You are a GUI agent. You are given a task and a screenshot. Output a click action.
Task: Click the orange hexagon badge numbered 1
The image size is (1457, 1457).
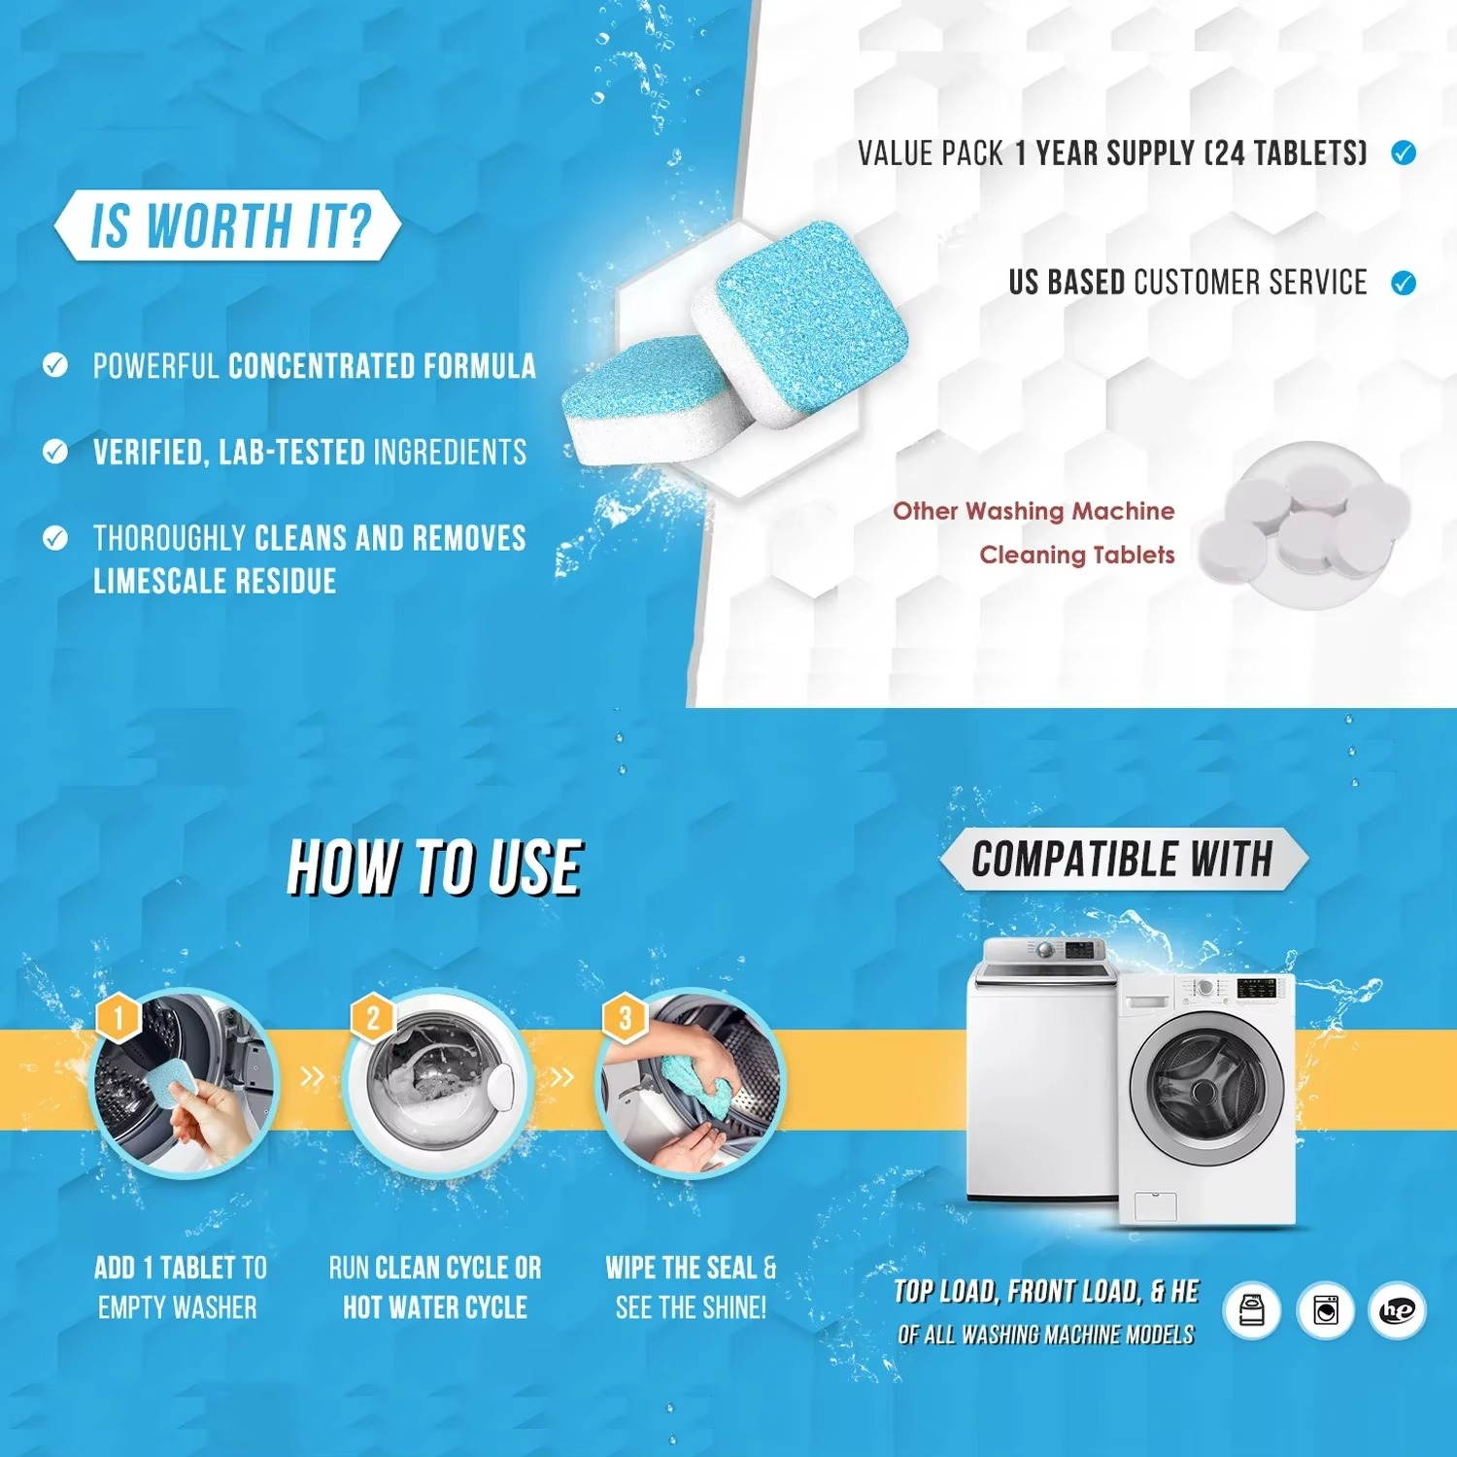click(x=119, y=1018)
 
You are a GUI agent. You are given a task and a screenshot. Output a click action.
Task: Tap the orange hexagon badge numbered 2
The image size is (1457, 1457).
click(x=372, y=1018)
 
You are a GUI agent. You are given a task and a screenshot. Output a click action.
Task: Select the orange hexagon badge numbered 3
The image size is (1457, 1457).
click(x=625, y=1018)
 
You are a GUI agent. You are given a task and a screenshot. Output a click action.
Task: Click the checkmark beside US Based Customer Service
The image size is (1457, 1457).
click(x=1403, y=283)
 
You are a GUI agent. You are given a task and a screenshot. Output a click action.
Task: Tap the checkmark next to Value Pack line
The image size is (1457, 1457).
click(x=1403, y=152)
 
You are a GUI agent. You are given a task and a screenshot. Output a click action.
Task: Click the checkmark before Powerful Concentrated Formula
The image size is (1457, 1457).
click(x=55, y=365)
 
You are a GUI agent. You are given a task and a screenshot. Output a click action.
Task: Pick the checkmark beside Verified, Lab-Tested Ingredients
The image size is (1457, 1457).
click(x=55, y=451)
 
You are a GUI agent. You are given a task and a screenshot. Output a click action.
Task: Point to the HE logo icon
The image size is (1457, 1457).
click(x=1397, y=1310)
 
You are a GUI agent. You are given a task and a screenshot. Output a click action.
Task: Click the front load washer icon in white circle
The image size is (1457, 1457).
click(x=1325, y=1310)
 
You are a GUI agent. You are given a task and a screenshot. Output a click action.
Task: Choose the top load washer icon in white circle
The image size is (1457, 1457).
click(x=1252, y=1310)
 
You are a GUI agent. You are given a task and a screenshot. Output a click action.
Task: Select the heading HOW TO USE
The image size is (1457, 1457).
click(x=434, y=866)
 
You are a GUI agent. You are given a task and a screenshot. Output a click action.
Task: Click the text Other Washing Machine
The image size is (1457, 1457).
click(x=1033, y=511)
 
